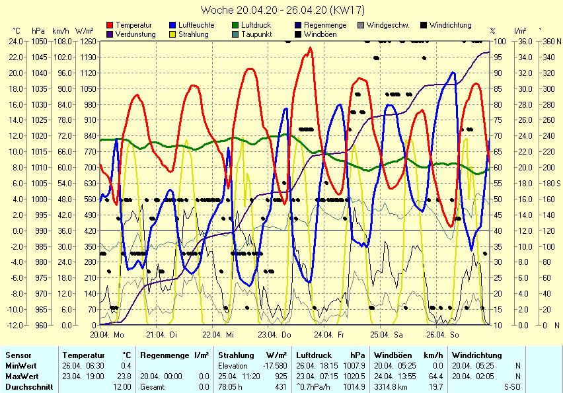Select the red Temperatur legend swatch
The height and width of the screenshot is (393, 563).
coord(109,25)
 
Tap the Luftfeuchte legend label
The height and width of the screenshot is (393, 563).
coord(196,25)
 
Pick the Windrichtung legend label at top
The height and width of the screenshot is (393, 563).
coord(450,25)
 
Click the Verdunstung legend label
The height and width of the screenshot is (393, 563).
coord(135,34)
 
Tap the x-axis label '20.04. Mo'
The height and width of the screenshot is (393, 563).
coord(108,335)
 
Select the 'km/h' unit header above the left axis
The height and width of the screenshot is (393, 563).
coord(60,30)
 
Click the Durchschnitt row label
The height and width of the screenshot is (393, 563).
coord(29,386)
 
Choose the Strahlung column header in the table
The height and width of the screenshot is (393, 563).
coord(236,355)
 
